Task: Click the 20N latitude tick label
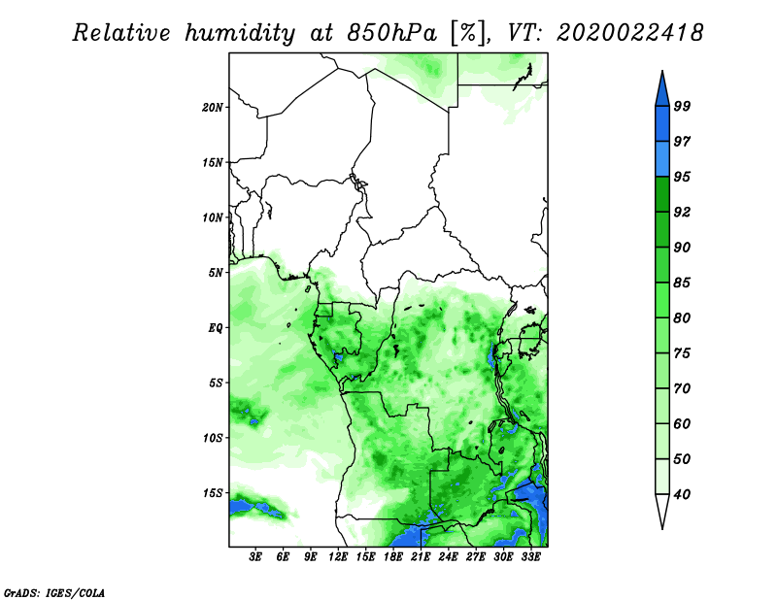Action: (x=213, y=108)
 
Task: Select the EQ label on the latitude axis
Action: (x=215, y=328)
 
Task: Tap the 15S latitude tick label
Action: (x=213, y=493)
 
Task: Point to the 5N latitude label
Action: (x=216, y=273)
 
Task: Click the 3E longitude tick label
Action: (x=255, y=557)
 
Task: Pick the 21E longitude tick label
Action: (x=421, y=557)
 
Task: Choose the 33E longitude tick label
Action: (x=530, y=557)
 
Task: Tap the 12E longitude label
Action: (x=338, y=557)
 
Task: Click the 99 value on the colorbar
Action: (x=682, y=106)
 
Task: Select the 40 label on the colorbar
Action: (x=682, y=494)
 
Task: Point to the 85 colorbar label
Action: (x=682, y=283)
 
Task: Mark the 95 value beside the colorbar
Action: (x=682, y=177)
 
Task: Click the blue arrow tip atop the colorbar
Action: (x=662, y=71)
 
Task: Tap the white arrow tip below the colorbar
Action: (x=662, y=528)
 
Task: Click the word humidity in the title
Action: (x=240, y=33)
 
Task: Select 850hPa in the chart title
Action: (x=391, y=33)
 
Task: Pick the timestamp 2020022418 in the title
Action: (x=629, y=33)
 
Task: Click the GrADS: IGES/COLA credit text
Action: (x=54, y=592)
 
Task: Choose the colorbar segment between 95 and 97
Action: (x=662, y=159)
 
